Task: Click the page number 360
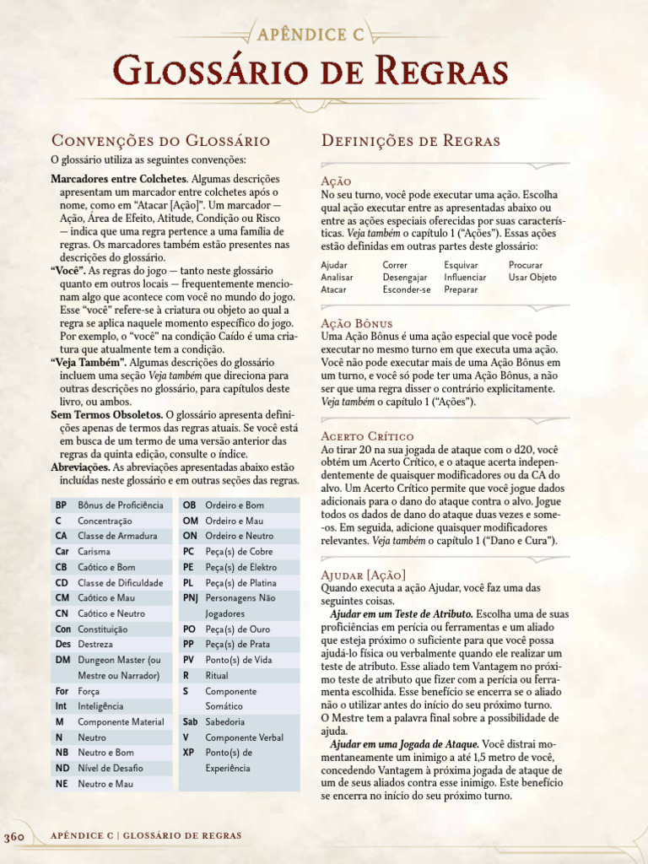coord(16,836)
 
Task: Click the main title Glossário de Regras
coord(323,71)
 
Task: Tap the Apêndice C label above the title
coord(324,34)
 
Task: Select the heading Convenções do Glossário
coord(160,140)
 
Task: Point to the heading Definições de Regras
coord(411,140)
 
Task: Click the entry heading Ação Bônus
coord(357,324)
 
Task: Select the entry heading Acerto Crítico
coord(367,436)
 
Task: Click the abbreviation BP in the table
coord(61,505)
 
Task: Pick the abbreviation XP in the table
coord(189,752)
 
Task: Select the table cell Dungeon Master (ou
coord(118,660)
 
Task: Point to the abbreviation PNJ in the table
coord(192,597)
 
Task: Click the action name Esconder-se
coord(406,289)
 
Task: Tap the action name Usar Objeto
coord(532,277)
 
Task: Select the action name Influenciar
coord(465,277)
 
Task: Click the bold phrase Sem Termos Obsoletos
coord(106,415)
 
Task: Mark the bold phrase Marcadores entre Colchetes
coord(118,179)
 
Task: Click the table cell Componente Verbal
coord(244,737)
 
